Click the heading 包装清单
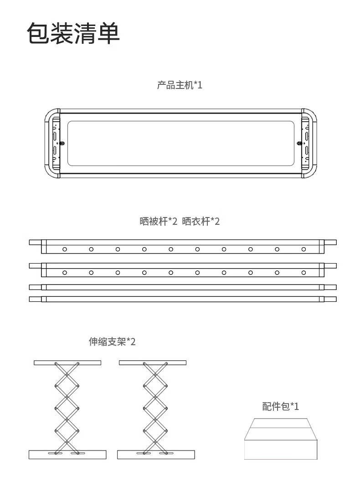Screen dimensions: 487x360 (73, 33)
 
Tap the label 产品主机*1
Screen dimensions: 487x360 (180, 85)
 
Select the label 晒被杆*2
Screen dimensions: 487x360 (158, 222)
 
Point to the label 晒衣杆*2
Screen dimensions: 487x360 (201, 222)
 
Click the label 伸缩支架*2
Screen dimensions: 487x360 (112, 342)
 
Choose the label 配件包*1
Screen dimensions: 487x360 (281, 406)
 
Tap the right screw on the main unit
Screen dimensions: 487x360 (299, 143)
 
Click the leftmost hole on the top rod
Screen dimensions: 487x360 (65, 249)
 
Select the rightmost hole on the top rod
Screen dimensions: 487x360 (303, 249)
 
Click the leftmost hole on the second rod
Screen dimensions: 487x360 (65, 272)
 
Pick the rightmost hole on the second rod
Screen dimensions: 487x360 (303, 272)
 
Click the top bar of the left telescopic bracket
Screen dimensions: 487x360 (67, 363)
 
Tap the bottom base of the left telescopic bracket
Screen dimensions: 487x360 (67, 454)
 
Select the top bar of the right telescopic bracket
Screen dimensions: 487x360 (153, 363)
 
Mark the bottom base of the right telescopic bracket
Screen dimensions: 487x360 (156, 454)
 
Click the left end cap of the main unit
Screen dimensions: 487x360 (51, 143)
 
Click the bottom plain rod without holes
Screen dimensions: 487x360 (182, 299)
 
